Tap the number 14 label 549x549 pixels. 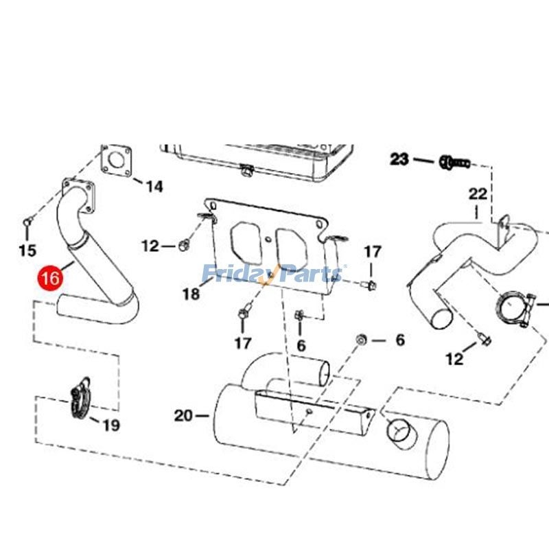(154, 186)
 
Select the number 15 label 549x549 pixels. (27, 251)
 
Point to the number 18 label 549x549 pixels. (191, 294)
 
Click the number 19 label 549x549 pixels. (110, 425)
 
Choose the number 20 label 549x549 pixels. (183, 415)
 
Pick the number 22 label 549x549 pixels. (478, 194)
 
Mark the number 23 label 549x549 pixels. (399, 160)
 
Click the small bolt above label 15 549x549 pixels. (27, 222)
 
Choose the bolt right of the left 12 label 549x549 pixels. (183, 244)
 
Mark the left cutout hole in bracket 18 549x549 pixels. (245, 240)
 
